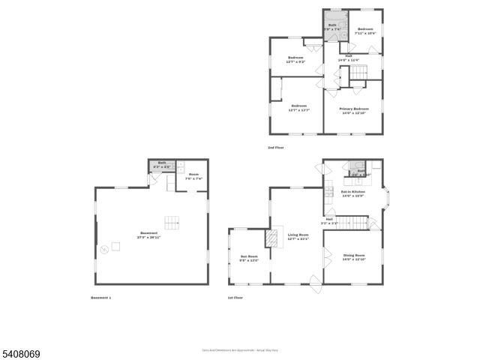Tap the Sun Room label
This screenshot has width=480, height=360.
(249, 259)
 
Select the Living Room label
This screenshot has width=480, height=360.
(298, 237)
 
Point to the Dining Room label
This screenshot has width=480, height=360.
(352, 257)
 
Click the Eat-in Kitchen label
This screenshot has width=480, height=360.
(352, 193)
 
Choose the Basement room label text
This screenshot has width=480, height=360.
(150, 235)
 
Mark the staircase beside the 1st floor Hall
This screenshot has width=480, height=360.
(361, 223)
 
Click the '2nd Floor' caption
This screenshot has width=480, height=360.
(276, 148)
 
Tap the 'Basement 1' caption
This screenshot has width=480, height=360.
(100, 298)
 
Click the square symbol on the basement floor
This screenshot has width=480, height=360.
(117, 245)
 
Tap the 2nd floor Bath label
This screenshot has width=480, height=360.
(331, 26)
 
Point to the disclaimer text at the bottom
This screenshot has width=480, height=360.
(240, 350)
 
